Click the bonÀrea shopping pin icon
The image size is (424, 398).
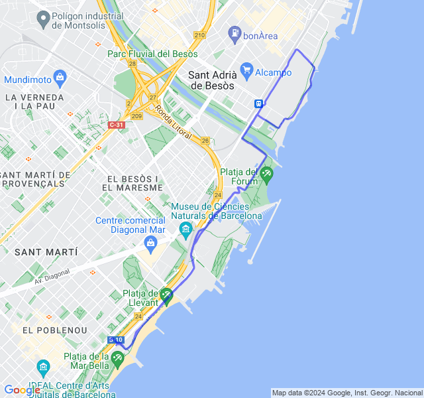pos(234,32)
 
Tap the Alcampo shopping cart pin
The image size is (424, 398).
pos(247,68)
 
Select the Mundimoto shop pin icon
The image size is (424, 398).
pos(60,77)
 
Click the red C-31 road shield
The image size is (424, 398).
pos(116,125)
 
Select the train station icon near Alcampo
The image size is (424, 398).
pos(258,103)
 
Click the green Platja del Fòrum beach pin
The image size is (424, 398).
pos(266,174)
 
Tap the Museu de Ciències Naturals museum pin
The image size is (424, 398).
pos(185,230)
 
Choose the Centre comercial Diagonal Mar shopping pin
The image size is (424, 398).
pos(151,243)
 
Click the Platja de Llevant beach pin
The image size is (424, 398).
pos(166,295)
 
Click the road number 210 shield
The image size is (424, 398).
pos(199,35)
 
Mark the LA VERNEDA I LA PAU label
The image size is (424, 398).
pos(34,101)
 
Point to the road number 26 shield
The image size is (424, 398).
pos(205,141)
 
